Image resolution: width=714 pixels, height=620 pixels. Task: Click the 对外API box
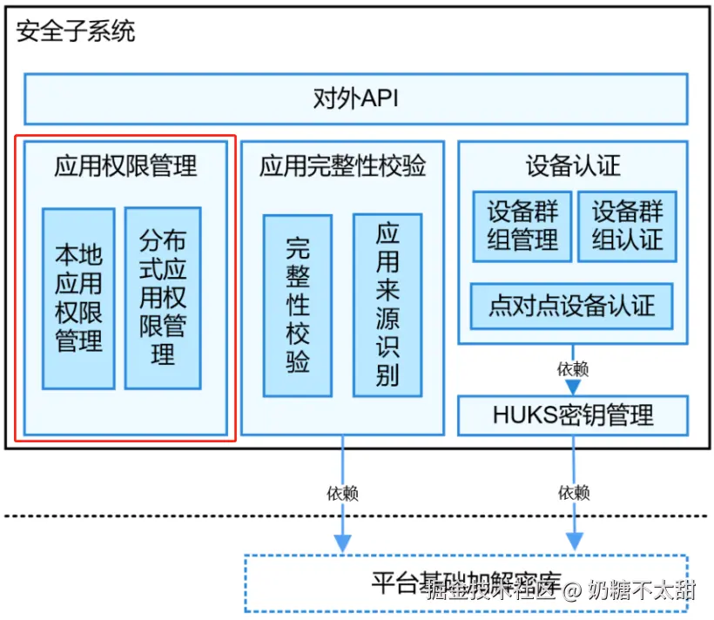355,98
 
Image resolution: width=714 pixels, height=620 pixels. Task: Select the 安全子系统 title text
76,33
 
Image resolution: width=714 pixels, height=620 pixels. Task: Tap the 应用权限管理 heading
125,165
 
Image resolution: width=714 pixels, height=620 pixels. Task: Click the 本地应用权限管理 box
78,298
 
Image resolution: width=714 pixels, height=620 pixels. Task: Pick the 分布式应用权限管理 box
163,297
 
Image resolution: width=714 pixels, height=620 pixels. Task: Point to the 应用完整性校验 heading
342,165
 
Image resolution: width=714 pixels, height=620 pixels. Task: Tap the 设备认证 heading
572,165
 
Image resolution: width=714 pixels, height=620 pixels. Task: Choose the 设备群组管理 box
522,226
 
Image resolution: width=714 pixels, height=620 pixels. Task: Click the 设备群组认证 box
627,226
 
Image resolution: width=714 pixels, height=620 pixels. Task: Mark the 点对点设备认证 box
571,306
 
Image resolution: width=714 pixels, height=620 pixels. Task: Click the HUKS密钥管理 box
572,414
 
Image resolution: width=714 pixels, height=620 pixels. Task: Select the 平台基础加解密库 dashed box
466,583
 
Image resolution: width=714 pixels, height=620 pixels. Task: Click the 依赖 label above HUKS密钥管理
572,368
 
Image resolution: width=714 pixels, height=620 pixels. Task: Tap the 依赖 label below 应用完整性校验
342,493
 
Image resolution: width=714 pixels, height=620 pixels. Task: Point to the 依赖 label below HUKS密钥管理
572,493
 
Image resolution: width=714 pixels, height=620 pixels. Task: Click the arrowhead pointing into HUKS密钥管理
572,387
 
